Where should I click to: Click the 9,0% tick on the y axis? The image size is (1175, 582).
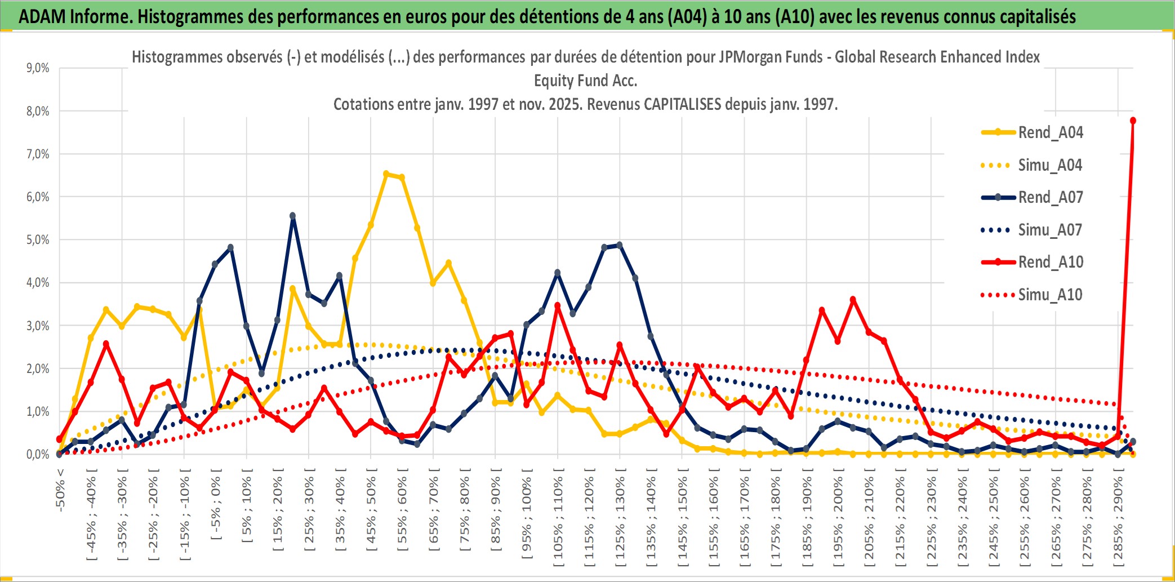pyautogui.click(x=38, y=68)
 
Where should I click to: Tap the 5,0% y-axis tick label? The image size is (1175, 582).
pyautogui.click(x=38, y=240)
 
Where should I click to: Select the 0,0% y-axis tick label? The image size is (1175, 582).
pyautogui.click(x=38, y=455)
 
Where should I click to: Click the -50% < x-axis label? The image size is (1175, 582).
pyautogui.click(x=60, y=490)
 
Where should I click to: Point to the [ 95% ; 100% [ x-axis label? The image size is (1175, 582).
pyautogui.click(x=527, y=518)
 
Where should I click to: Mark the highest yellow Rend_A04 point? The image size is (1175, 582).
pyautogui.click(x=386, y=174)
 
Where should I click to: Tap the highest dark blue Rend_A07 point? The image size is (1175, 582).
pyautogui.click(x=293, y=216)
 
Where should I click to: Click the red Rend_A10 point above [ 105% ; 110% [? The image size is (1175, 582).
pyautogui.click(x=558, y=305)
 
